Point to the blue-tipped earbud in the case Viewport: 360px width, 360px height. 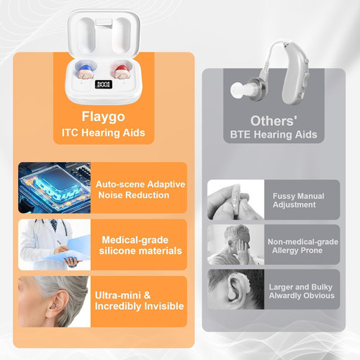click(x=84, y=72)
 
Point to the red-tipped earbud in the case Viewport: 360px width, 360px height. click(x=122, y=72)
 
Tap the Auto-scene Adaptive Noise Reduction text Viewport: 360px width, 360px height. click(x=140, y=190)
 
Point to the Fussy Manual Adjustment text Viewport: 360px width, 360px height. click(x=298, y=200)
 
